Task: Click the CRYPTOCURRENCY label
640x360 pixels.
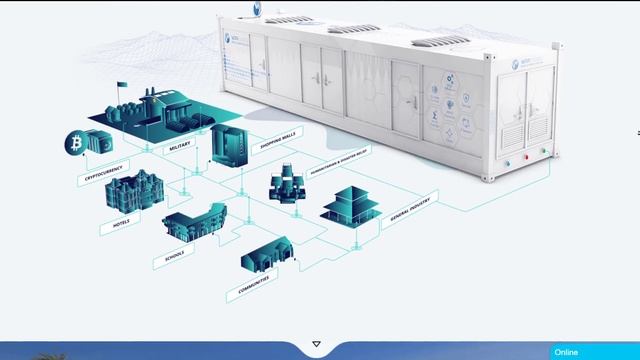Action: click(104, 172)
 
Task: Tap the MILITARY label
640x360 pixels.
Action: click(180, 146)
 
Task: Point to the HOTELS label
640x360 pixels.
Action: click(121, 223)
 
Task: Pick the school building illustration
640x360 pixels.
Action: click(193, 222)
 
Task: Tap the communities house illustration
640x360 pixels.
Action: click(266, 255)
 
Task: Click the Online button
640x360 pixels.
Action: click(566, 352)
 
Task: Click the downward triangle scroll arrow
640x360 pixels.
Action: click(317, 344)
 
